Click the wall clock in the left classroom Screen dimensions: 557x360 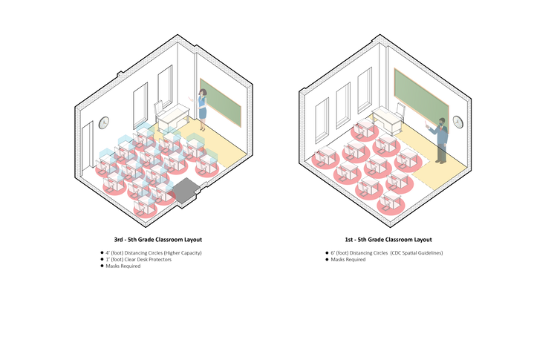coord(103,121)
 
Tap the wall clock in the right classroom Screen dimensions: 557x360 coord(458,120)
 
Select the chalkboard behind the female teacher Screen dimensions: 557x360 coord(221,101)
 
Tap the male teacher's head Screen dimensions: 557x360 coord(442,121)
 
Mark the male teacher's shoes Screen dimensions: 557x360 coord(442,161)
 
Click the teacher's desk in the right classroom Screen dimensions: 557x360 coord(385,116)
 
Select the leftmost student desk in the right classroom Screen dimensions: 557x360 coord(325,156)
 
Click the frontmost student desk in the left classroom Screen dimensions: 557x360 coord(146,204)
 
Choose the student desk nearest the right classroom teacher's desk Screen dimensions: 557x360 coord(364,128)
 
